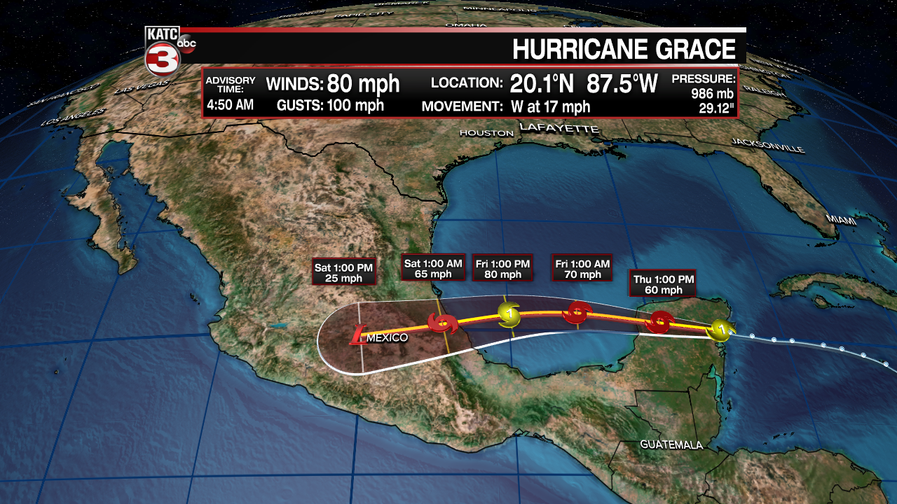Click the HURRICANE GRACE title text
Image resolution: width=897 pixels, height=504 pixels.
624,50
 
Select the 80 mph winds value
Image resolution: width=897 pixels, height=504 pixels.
363,84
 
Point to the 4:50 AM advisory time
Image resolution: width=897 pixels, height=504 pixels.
230,105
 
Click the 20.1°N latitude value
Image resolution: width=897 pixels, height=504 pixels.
541,84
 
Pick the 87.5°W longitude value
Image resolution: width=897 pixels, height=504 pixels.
622,84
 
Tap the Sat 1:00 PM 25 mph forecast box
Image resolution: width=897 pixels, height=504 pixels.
343,272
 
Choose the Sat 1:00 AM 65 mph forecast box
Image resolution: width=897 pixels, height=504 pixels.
433,268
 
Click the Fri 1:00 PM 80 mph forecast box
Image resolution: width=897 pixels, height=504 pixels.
502,268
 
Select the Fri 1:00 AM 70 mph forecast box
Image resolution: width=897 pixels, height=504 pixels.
582,268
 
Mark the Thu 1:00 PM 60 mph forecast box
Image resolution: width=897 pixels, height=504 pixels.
662,284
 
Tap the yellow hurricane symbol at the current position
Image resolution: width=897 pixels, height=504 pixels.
719,328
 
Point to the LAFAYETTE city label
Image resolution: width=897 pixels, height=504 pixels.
559,128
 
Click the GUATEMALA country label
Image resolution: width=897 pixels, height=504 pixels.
671,444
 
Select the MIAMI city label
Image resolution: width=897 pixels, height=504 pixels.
841,220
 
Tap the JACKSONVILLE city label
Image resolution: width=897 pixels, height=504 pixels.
767,145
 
